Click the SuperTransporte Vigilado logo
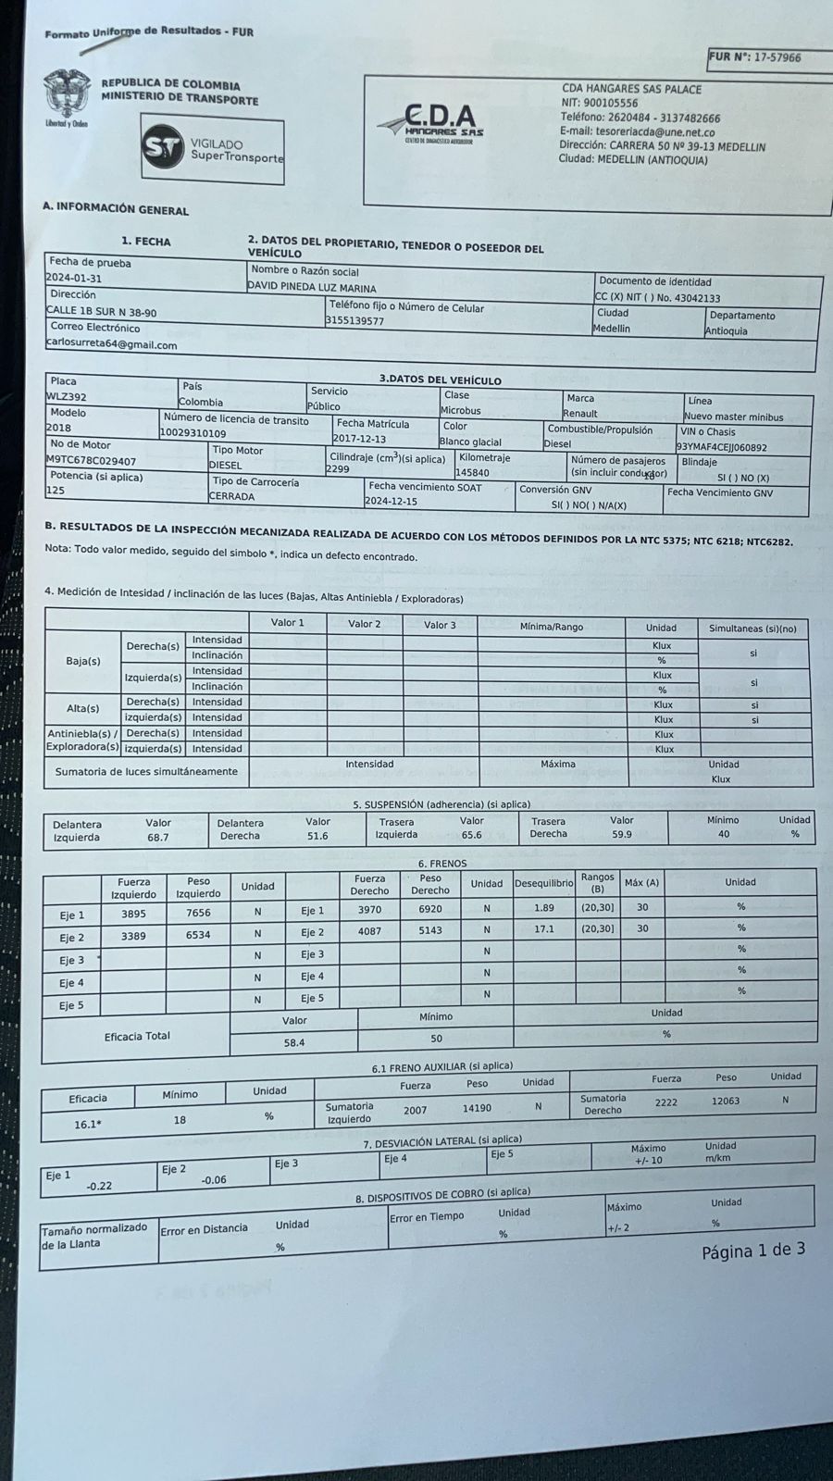213,149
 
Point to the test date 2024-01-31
74,278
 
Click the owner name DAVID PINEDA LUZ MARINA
312,288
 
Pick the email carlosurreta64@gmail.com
111,344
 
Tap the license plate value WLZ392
67,396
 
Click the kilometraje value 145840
472,472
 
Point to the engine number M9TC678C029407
92,460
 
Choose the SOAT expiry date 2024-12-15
391,501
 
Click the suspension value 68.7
157,837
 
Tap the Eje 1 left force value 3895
133,913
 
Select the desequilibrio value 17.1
544,928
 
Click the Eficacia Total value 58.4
294,1042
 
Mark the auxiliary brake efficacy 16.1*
88,1124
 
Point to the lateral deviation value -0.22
99,1186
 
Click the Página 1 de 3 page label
752,1251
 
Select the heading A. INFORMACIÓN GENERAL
115,209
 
